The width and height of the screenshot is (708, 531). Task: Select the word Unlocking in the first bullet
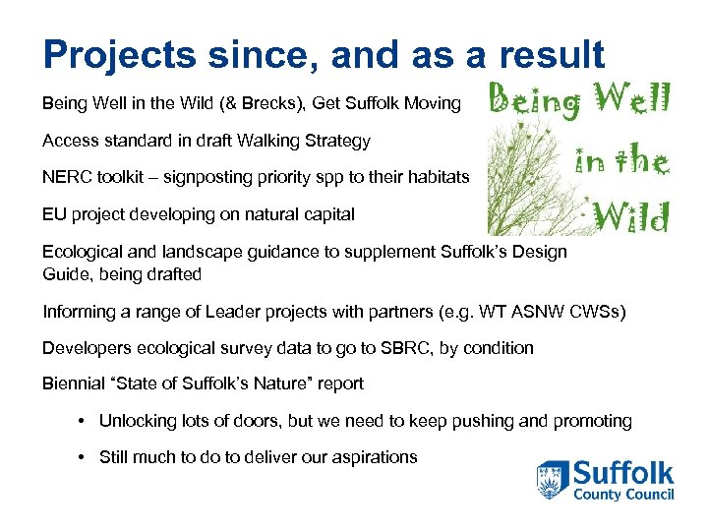(x=138, y=421)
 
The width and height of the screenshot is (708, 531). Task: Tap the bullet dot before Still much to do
(x=84, y=457)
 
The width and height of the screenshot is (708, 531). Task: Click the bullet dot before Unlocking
(x=84, y=421)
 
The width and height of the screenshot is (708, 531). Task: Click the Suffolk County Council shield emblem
(x=552, y=480)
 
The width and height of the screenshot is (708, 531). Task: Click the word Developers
(x=83, y=347)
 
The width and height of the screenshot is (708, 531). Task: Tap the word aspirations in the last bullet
(x=372, y=457)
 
